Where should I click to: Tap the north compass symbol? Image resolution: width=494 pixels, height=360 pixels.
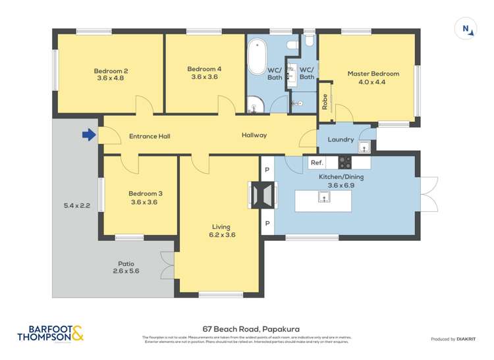tap(466, 28)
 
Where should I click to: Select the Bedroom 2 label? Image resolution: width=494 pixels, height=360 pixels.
tap(111, 74)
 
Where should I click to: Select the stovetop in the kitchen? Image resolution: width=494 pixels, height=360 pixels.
tap(346, 162)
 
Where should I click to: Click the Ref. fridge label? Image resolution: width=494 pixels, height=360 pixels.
tap(317, 163)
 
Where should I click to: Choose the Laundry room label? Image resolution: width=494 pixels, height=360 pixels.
tap(341, 140)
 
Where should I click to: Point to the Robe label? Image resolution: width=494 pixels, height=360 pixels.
tap(325, 101)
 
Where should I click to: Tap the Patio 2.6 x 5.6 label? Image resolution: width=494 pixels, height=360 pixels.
tap(126, 267)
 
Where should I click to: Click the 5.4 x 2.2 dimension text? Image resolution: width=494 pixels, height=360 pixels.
tap(76, 206)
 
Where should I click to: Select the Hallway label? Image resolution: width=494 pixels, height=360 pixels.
tap(254, 136)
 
